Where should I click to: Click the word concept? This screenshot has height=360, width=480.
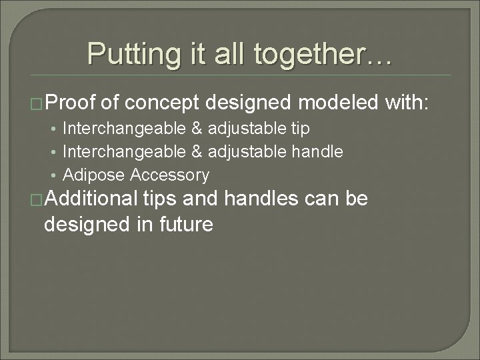point(163,103)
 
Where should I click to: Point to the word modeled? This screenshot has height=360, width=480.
point(339,103)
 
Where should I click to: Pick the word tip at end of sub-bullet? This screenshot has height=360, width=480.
point(300,128)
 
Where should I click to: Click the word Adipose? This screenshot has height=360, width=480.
point(94,176)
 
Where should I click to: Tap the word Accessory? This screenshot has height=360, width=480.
point(170,176)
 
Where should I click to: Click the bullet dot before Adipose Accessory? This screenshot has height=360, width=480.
point(53,176)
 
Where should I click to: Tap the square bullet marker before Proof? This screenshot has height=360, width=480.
point(37,103)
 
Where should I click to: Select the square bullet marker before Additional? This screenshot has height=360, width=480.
point(37,200)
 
